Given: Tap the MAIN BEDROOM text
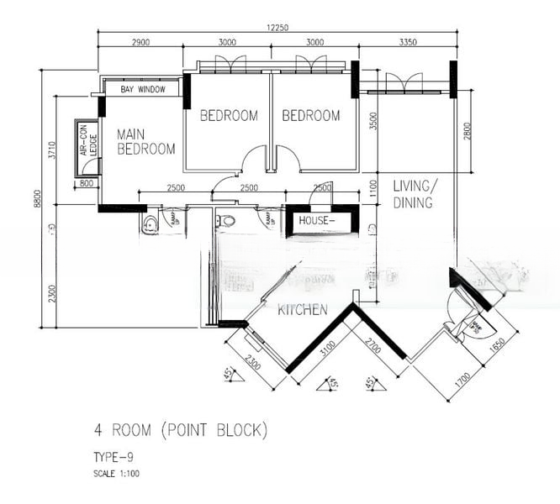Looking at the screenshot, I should click(x=146, y=141).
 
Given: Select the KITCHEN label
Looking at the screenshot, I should click(x=302, y=310).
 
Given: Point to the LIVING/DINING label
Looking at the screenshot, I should click(x=413, y=194).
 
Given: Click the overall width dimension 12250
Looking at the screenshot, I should click(x=277, y=28).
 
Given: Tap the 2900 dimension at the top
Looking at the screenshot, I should click(x=140, y=42).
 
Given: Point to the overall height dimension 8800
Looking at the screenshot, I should click(x=37, y=199).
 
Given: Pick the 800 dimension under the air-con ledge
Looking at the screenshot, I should click(x=86, y=183).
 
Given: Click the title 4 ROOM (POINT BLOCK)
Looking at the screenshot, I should click(x=181, y=431).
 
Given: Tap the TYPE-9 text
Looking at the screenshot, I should click(x=114, y=457).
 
